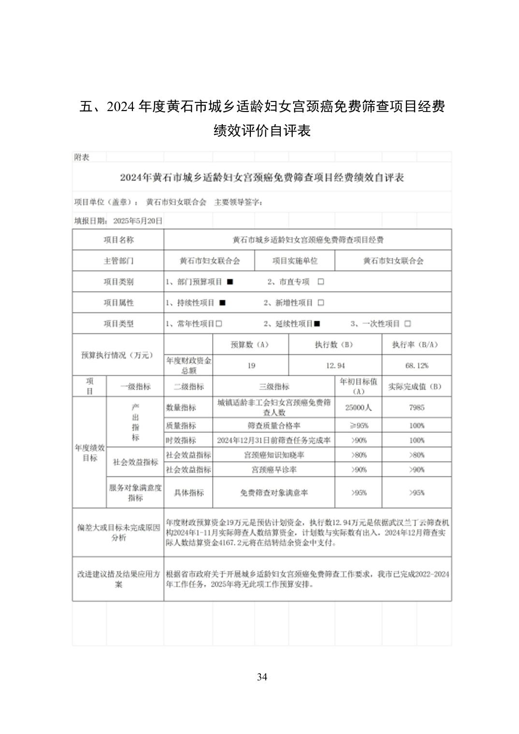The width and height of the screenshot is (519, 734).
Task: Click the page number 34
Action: [262, 677]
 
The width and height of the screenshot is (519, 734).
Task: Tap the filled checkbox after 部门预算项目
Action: [230, 282]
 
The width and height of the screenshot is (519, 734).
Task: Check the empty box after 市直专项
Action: [321, 282]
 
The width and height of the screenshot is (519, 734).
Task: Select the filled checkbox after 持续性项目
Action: [222, 303]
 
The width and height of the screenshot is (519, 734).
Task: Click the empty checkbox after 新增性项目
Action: [321, 303]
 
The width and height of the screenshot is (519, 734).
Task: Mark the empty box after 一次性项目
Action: [407, 324]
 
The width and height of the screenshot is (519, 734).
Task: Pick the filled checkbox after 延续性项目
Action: [317, 324]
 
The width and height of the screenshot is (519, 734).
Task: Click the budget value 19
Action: [251, 366]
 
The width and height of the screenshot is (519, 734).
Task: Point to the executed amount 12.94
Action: [335, 366]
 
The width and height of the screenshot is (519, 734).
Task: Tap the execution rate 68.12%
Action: [417, 366]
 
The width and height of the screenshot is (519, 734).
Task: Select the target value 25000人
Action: [358, 408]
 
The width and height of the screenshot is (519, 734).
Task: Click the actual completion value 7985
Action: [417, 408]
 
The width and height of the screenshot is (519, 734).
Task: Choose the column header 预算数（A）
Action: [250, 345]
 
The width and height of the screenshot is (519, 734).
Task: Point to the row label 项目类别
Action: [118, 282]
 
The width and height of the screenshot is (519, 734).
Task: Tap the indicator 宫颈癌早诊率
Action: [274, 469]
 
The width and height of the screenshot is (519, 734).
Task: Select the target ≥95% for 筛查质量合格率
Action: [358, 425]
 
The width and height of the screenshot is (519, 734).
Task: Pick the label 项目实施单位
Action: [295, 261]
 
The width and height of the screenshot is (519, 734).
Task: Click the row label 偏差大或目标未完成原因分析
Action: [118, 533]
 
